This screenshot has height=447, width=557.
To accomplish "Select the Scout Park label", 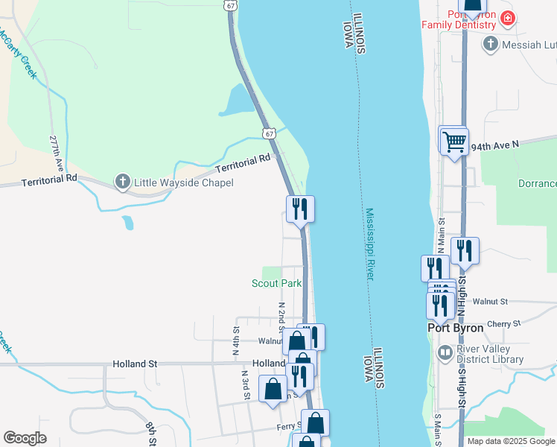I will pyautogui.click(x=276, y=283).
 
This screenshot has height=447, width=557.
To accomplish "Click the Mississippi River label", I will pyautogui.click(x=370, y=244).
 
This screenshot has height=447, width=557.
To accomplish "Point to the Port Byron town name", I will pyautogui.click(x=456, y=327).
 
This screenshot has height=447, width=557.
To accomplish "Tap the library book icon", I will pyautogui.click(x=445, y=352).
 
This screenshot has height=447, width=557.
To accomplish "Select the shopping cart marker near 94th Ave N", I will pyautogui.click(x=454, y=140).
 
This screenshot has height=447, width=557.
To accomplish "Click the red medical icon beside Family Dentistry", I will pyautogui.click(x=508, y=18).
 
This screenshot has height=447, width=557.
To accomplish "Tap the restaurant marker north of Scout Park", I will pyautogui.click(x=300, y=209).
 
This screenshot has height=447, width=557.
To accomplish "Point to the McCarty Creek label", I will pyautogui.click(x=17, y=54).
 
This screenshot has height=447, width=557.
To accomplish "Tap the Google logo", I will pyautogui.click(x=25, y=438).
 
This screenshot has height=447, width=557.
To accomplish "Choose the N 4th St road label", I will pyautogui.click(x=236, y=339).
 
